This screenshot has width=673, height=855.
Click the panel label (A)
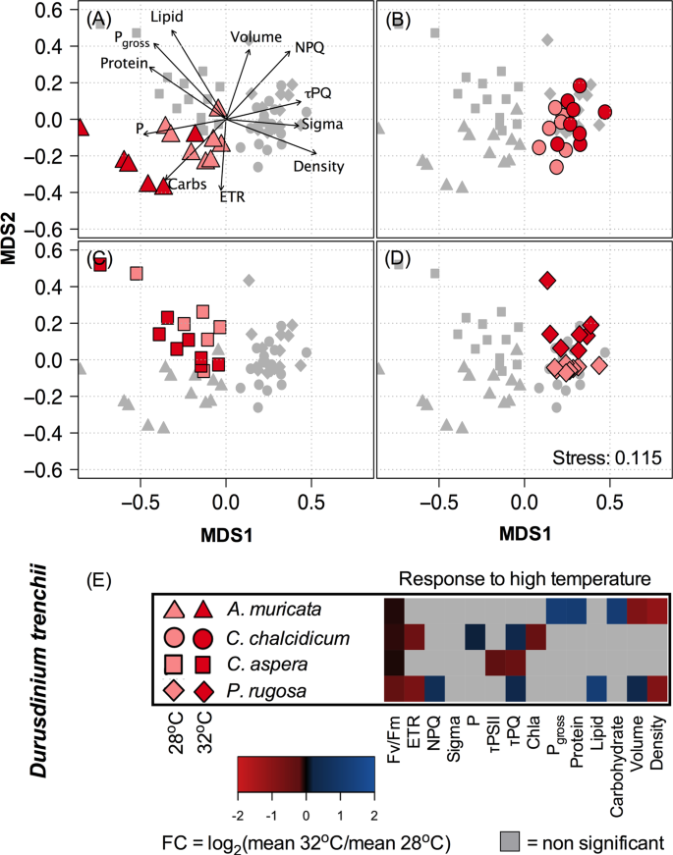pos(98,20)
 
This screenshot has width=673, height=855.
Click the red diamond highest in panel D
pos(547,282)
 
